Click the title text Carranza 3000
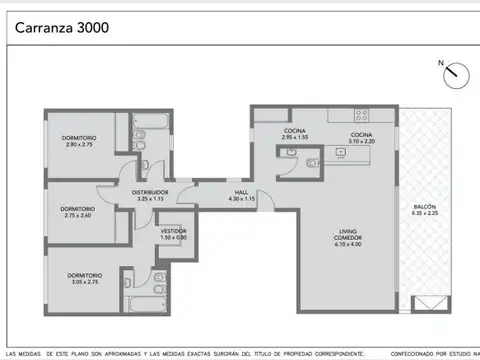pos(61,28)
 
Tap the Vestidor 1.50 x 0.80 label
pos(174,234)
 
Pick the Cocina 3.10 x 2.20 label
pos(361,138)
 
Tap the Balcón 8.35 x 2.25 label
pos(424,210)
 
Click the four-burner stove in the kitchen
pos(360,114)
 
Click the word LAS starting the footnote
pos(11,353)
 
